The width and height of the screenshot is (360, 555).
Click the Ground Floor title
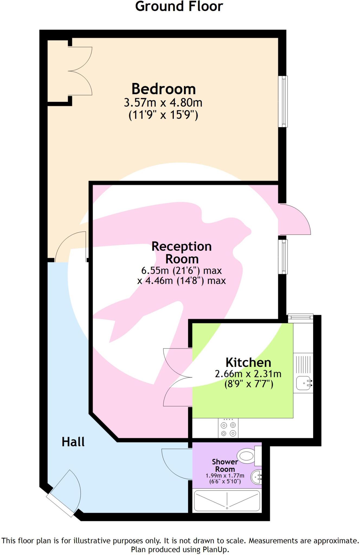(x=179, y=7)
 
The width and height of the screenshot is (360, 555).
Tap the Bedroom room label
(x=163, y=89)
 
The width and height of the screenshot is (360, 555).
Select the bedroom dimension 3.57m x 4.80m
(x=163, y=103)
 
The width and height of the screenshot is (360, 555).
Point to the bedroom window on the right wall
(x=283, y=101)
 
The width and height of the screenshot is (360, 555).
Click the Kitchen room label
(x=248, y=363)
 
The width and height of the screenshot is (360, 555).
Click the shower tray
(x=227, y=501)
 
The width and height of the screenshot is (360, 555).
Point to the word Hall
(x=73, y=442)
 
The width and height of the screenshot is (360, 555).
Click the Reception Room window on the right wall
(x=283, y=257)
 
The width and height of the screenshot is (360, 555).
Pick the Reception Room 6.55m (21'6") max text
(x=182, y=270)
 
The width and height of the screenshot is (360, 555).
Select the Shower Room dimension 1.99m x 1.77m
(x=225, y=476)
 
